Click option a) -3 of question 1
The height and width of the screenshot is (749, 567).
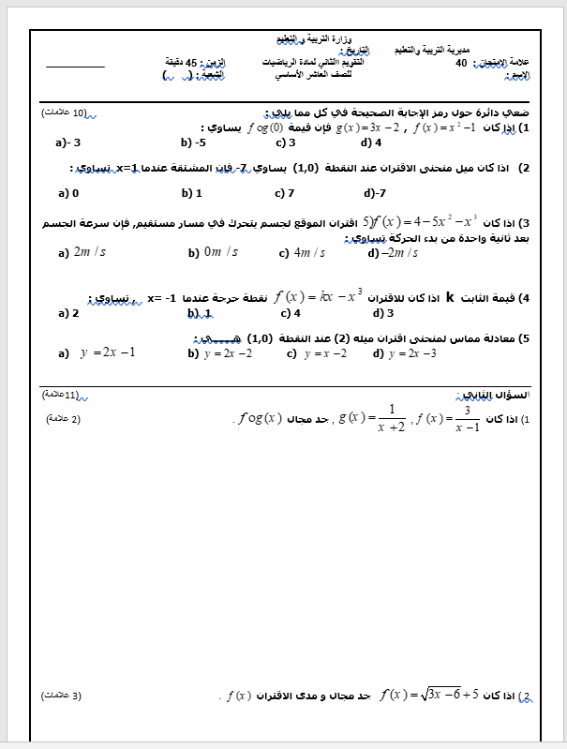pyautogui.click(x=68, y=143)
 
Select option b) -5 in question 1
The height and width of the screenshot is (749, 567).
pyautogui.click(x=193, y=143)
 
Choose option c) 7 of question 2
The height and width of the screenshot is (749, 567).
pyautogui.click(x=285, y=193)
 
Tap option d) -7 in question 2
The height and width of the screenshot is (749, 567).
pyautogui.click(x=376, y=193)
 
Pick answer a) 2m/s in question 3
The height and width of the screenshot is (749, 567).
pyautogui.click(x=82, y=252)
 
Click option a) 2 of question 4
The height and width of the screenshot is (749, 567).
pyautogui.click(x=68, y=313)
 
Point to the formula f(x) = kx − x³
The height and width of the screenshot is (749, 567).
pyautogui.click(x=319, y=297)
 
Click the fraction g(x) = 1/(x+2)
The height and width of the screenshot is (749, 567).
pyautogui.click(x=372, y=417)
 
